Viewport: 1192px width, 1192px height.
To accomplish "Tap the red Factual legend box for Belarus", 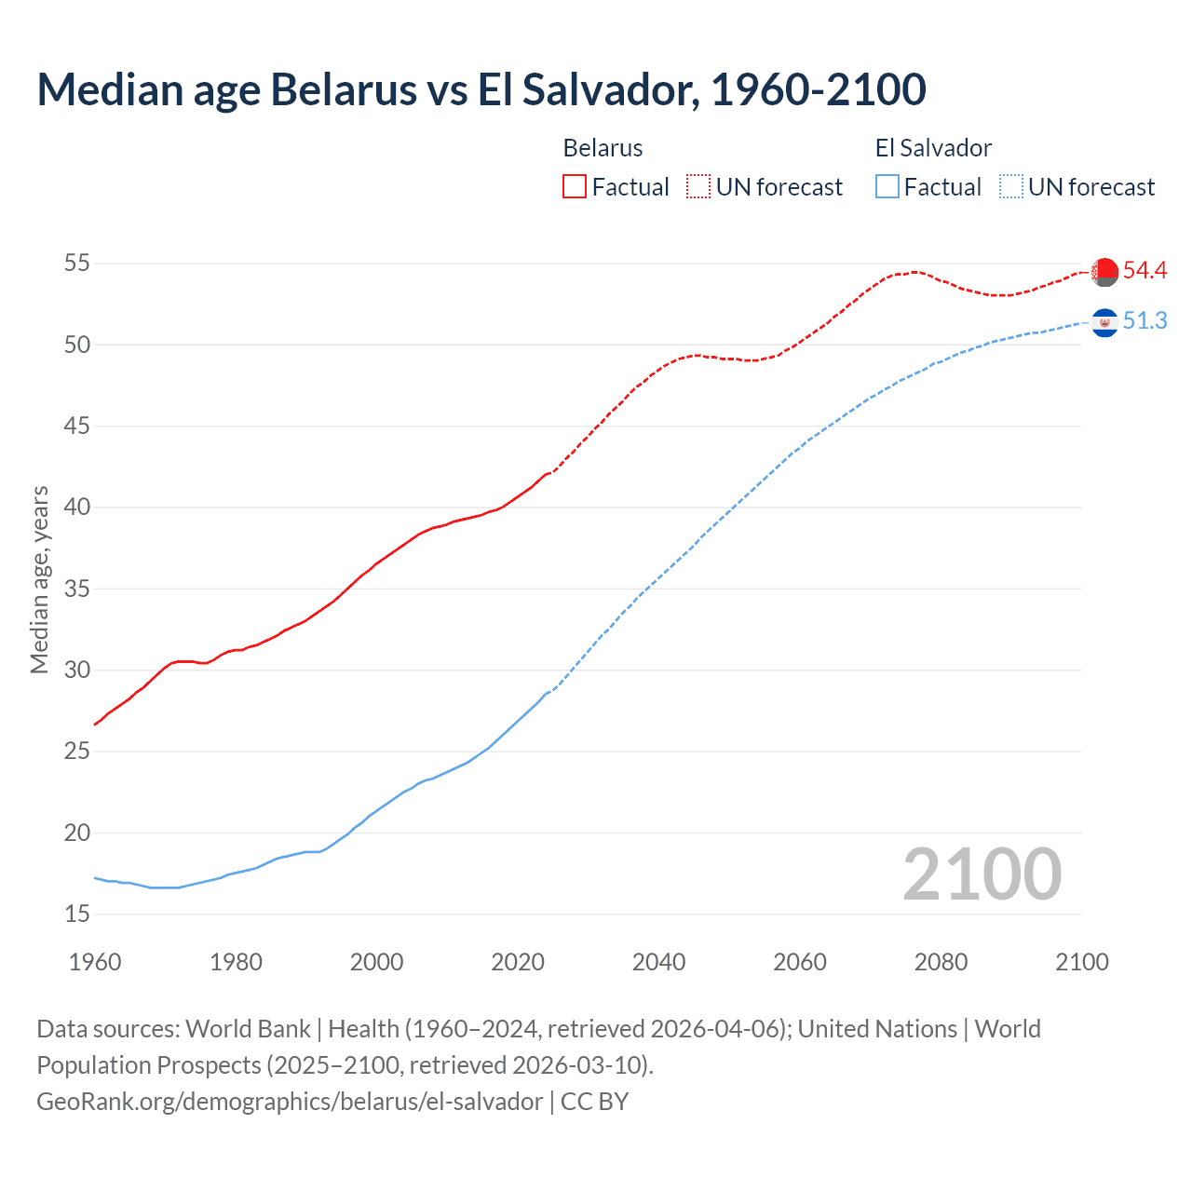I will (x=575, y=187).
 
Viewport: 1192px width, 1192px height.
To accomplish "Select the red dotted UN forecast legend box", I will (x=698, y=187).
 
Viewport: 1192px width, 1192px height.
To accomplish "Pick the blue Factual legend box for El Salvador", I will (x=887, y=187).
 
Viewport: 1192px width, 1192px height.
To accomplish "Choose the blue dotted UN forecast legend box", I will (x=1011, y=187).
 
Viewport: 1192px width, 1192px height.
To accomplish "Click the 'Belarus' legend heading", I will (x=603, y=148).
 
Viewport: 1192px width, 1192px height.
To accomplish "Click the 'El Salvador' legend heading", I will (x=933, y=148).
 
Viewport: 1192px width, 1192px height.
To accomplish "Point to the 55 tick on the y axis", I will (x=76, y=264).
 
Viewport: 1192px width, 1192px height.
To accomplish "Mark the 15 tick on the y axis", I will (x=76, y=914).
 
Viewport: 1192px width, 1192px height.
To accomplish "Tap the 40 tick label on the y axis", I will (x=76, y=508).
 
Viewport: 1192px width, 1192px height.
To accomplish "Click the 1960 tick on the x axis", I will (x=95, y=962).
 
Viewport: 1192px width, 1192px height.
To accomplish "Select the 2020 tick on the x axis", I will (x=518, y=962).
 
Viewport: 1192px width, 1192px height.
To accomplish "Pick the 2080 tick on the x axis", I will (x=941, y=962).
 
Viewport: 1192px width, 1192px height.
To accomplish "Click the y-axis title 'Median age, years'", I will (x=39, y=579).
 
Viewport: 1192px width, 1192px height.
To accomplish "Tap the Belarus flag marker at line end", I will (x=1104, y=272).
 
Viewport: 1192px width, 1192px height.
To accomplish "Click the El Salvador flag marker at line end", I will (x=1104, y=322).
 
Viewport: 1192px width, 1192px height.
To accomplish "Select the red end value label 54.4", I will (x=1145, y=271).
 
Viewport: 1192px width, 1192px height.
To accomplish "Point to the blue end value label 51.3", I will (x=1145, y=321).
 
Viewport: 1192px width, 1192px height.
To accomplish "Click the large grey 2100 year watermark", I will (x=982, y=874).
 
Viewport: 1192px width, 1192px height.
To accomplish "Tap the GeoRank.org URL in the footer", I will (x=289, y=1102).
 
